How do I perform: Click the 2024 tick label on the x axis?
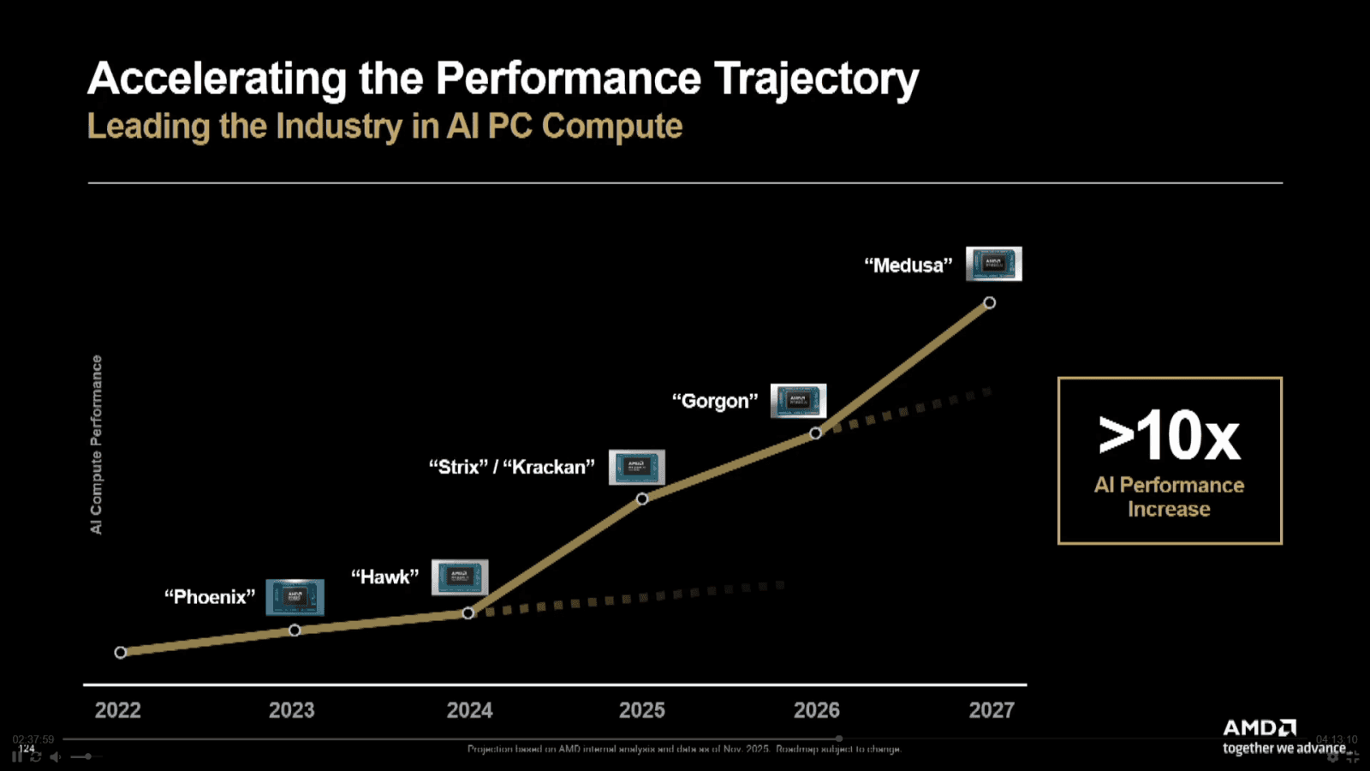469,710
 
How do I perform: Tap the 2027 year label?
991,710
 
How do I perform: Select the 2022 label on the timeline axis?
117,710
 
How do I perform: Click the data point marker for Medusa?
989,302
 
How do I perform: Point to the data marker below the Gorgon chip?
815,433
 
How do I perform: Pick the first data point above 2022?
121,652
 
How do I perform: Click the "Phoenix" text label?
210,597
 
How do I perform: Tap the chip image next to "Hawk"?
460,577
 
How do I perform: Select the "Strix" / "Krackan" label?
511,467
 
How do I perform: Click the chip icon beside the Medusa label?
993,264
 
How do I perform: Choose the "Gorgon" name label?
715,401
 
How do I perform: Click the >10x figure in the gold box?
1169,436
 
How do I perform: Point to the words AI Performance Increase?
1169,497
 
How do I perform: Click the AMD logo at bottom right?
1259,728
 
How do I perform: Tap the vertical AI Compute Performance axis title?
96,445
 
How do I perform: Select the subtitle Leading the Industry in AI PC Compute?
384,127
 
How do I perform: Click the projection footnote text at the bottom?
683,749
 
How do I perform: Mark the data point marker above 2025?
642,499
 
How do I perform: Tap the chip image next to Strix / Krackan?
636,467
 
